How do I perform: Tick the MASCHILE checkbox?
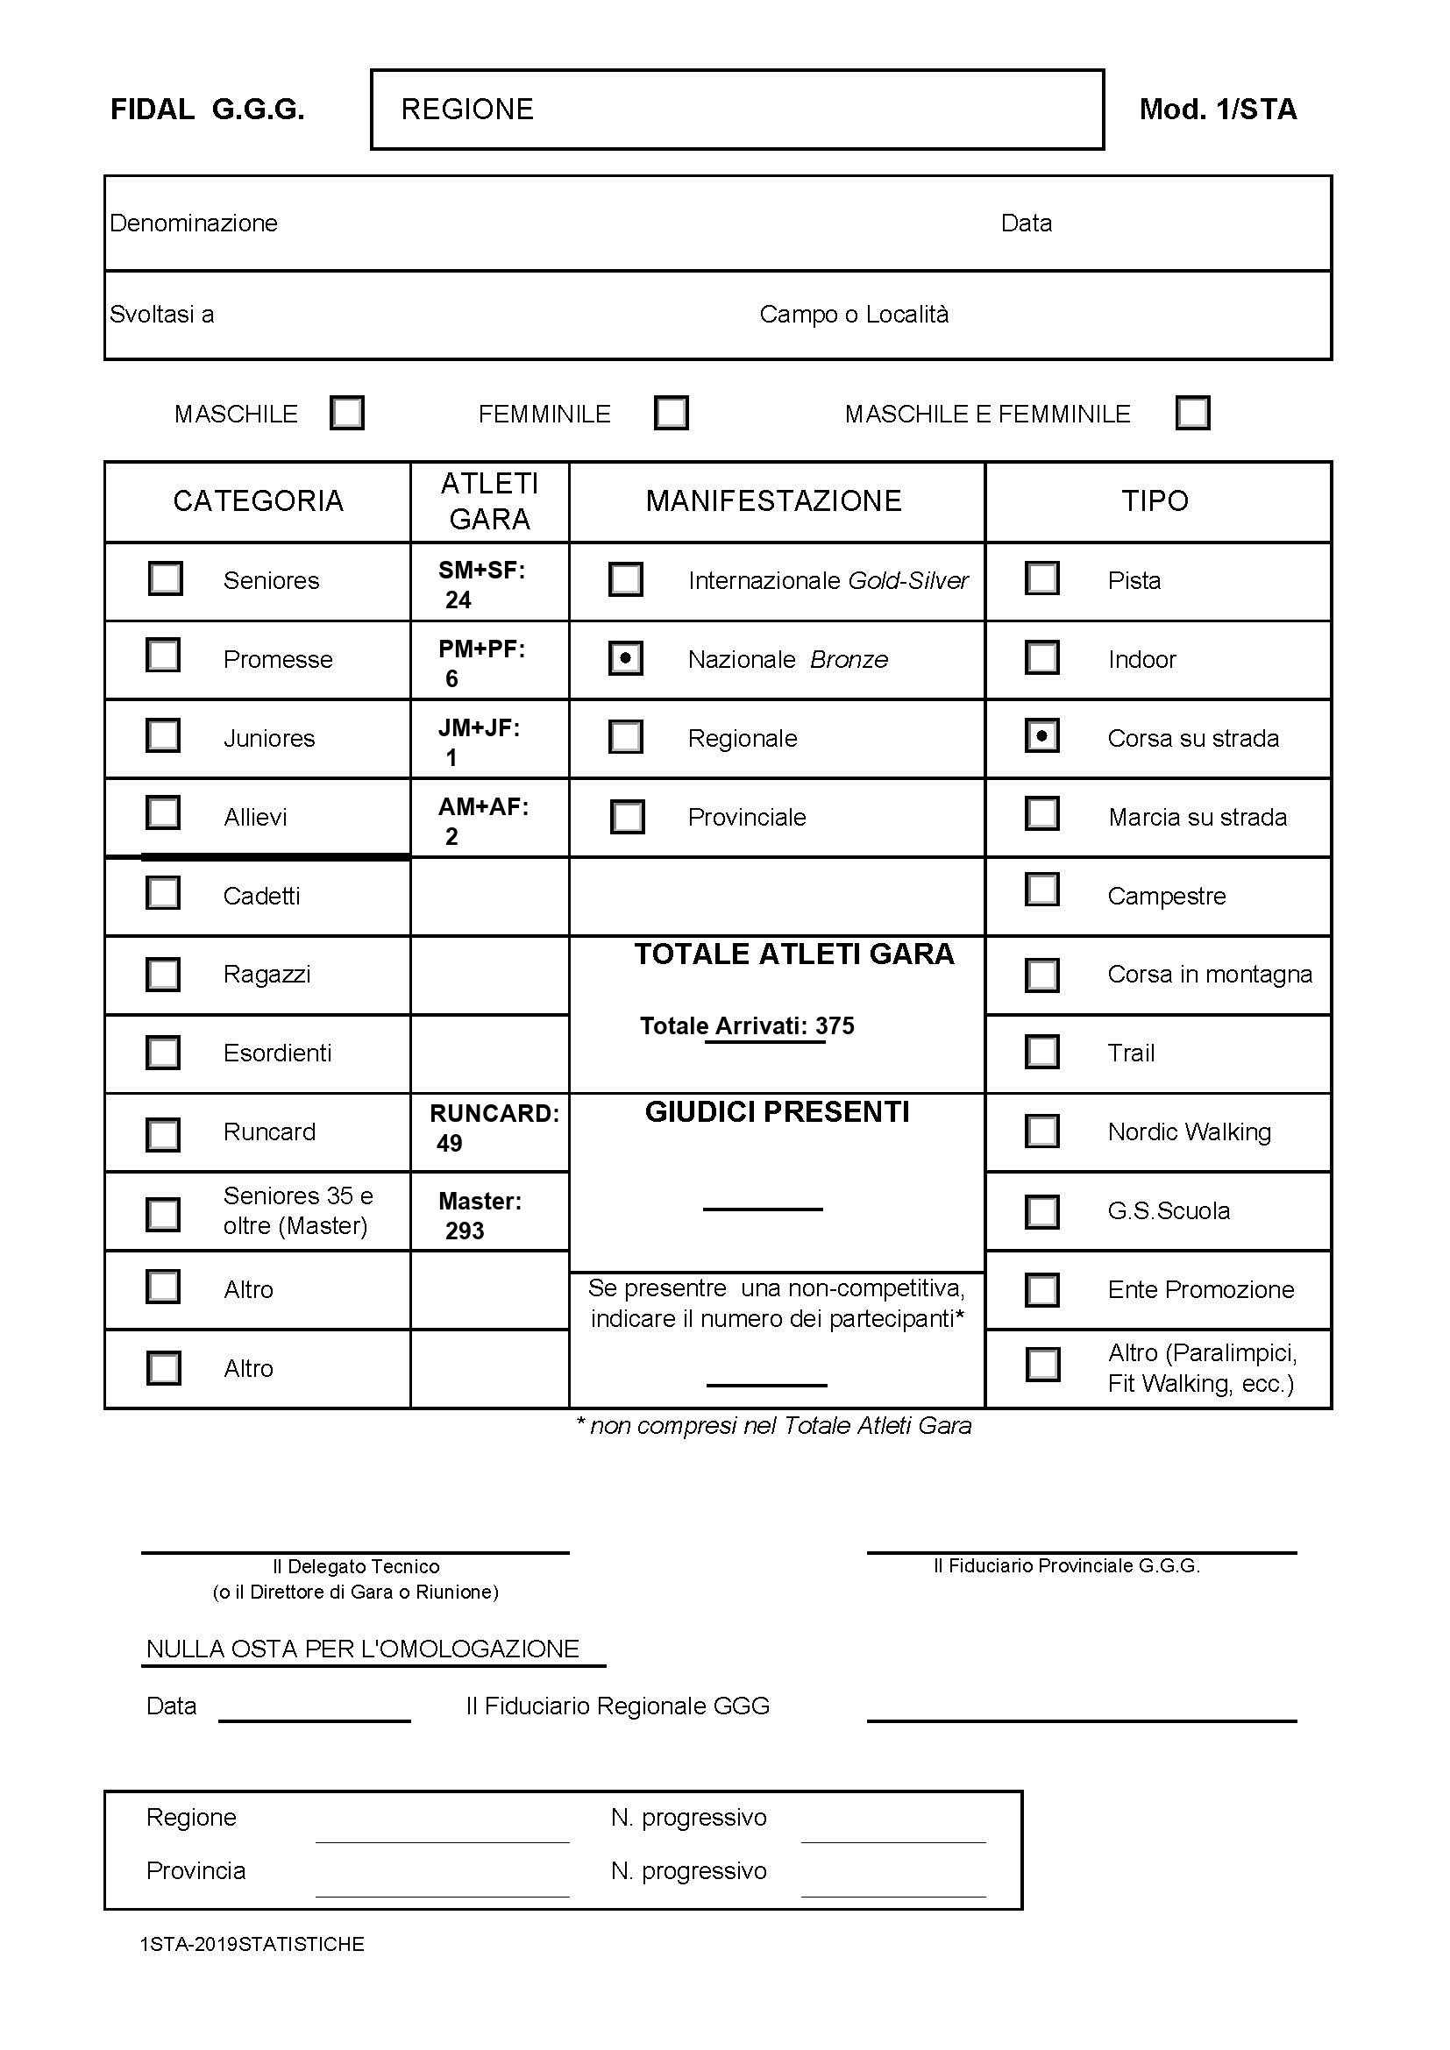[346, 414]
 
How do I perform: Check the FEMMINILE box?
[671, 414]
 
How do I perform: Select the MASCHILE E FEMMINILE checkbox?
[1193, 414]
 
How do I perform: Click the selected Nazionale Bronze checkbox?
[625, 658]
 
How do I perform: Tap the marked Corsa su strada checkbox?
[1042, 736]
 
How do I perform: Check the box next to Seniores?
[165, 578]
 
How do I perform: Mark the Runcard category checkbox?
[162, 1134]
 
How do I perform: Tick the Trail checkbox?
[1042, 1052]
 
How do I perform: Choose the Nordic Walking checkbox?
[1042, 1131]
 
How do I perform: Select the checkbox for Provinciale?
[627, 816]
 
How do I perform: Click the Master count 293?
[465, 1231]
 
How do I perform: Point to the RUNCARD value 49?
[449, 1144]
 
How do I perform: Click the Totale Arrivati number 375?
[835, 1026]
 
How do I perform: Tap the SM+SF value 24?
[458, 600]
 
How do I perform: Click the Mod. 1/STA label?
[1217, 109]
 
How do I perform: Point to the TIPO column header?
[1155, 501]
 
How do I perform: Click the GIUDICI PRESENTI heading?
[777, 1112]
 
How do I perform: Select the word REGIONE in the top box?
[467, 109]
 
